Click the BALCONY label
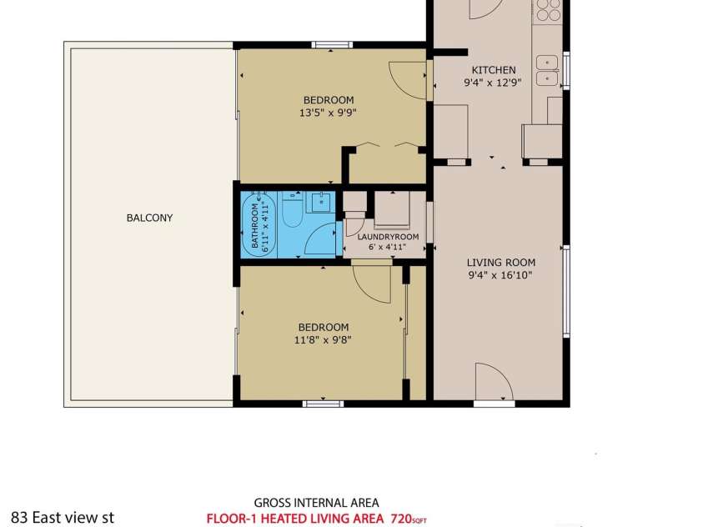pos(149,218)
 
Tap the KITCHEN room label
pos(494,70)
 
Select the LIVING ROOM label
pos(501,263)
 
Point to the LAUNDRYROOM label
pos(388,237)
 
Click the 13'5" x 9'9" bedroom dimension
pos(328,113)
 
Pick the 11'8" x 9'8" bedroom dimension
pos(323,339)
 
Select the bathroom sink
pos(321,202)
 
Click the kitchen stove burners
pos(549,10)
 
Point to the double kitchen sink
pos(547,70)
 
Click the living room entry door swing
pos(493,381)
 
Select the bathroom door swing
pos(320,239)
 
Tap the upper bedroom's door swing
pos(407,80)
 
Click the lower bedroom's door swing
pos(372,284)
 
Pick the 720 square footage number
pos(401,519)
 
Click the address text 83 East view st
pos(63,518)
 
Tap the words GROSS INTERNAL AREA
pos(317,503)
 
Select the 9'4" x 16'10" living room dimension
pos(500,275)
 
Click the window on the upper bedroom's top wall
pos(332,44)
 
